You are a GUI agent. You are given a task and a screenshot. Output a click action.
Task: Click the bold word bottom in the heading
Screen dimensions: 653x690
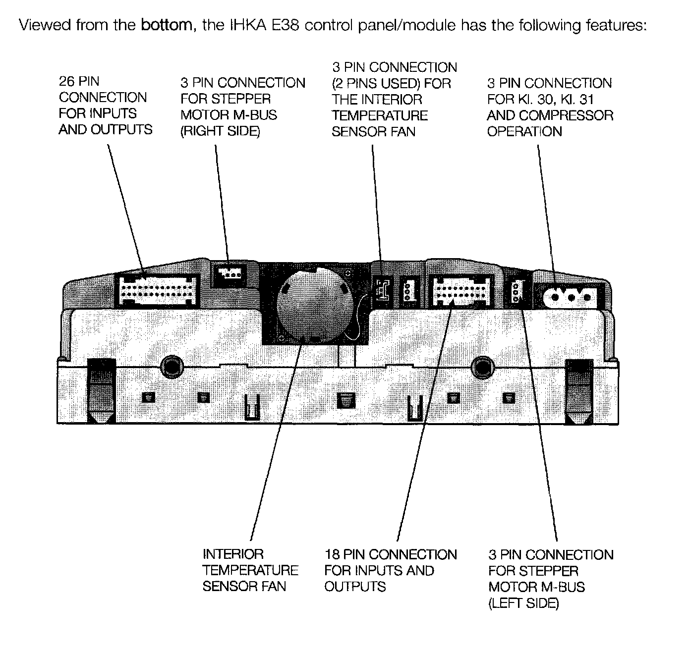coord(166,25)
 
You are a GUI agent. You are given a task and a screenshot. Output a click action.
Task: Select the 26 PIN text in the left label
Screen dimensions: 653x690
coord(79,81)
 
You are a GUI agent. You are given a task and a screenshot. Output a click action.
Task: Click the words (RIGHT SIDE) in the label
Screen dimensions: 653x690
coord(220,132)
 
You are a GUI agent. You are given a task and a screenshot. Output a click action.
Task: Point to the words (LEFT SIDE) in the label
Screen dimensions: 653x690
coord(523,603)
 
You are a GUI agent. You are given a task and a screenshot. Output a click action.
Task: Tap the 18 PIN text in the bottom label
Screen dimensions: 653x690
coord(345,554)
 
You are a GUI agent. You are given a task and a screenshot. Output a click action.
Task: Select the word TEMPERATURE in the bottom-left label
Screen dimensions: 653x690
coord(250,570)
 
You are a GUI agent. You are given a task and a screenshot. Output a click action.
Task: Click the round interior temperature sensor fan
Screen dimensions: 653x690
coord(316,304)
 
